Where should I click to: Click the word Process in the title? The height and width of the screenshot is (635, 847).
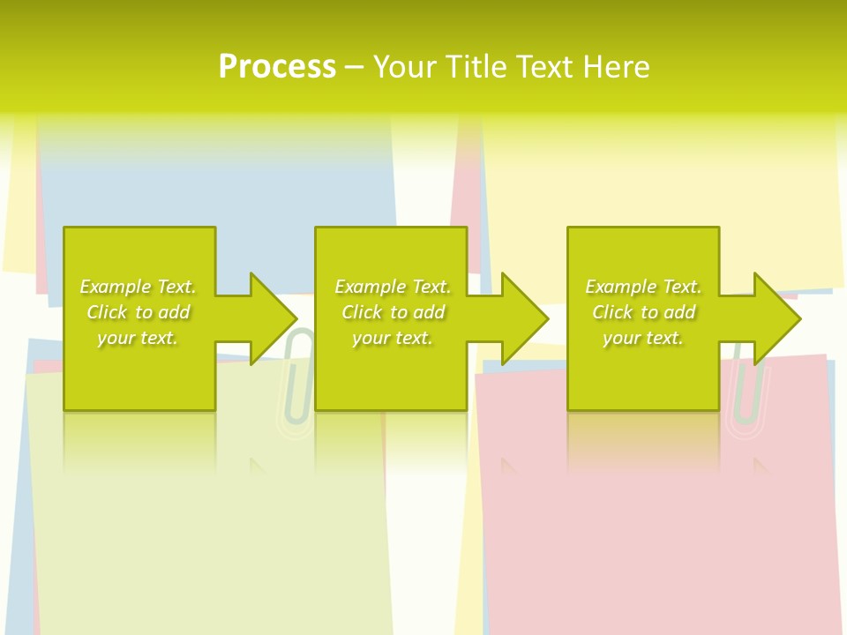[277, 66]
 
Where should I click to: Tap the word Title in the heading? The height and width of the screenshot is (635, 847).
[476, 67]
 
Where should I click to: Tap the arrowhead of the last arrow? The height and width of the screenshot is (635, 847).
[777, 318]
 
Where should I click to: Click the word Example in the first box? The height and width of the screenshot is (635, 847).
[116, 287]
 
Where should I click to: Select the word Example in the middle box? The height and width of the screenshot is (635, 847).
[371, 287]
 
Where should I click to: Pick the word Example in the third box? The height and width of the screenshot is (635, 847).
[621, 287]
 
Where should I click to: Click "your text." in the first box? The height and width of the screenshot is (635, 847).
[138, 338]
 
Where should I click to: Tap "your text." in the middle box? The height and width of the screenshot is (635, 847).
[393, 338]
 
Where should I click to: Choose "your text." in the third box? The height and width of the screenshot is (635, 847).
[643, 338]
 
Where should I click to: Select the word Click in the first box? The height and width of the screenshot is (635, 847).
[107, 312]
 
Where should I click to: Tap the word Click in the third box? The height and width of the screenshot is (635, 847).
[612, 312]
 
